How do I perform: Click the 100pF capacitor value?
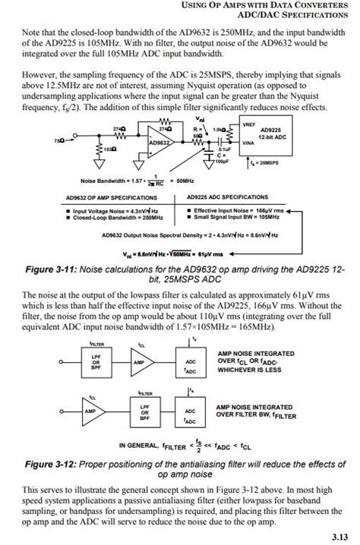point(223,161)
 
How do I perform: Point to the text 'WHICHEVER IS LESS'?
point(251,370)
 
